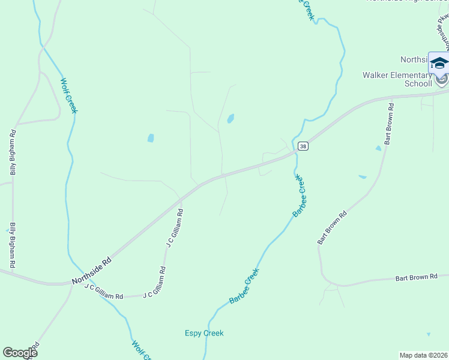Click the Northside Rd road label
pyautogui.click(x=92, y=271)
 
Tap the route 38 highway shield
pyautogui.click(x=303, y=146)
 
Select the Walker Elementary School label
pyautogui.click(x=397, y=79)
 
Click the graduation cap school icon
pyautogui.click(x=439, y=62)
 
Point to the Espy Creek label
pyautogui.click(x=203, y=333)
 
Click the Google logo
pyautogui.click(x=20, y=353)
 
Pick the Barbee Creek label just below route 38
pyautogui.click(x=299, y=197)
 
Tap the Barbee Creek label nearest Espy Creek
pyautogui.click(x=244, y=286)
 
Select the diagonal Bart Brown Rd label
pyautogui.click(x=333, y=227)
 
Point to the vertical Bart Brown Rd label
pyautogui.click(x=389, y=124)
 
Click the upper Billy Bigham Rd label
pyautogui.click(x=13, y=152)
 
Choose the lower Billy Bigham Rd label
pyautogui.click(x=11, y=245)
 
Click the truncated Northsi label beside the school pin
pyautogui.click(x=414, y=59)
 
